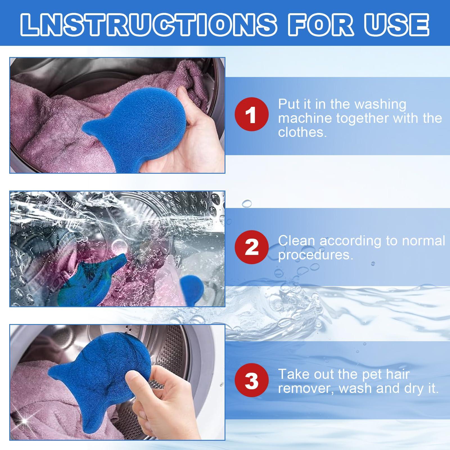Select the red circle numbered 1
[252, 114]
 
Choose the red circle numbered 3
[252, 381]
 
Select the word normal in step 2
[424, 241]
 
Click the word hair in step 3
[398, 374]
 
